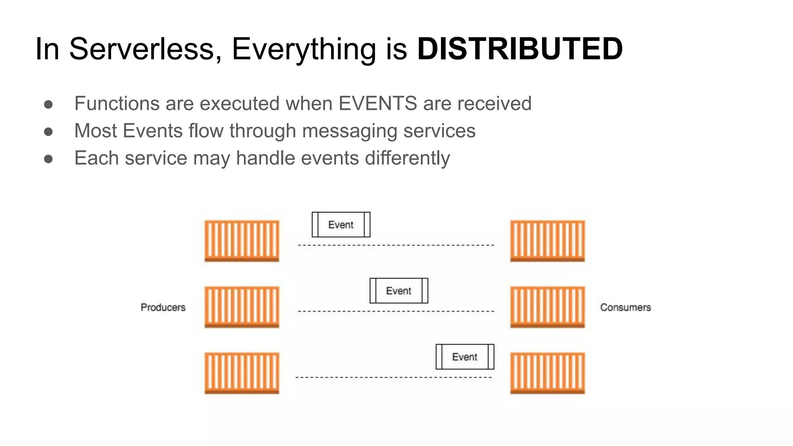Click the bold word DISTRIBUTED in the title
520,49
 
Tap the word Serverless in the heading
142,49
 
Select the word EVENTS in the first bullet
378,104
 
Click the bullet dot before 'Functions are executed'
48,104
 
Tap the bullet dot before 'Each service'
48,159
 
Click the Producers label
163,307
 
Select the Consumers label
625,307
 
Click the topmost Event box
341,225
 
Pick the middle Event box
399,291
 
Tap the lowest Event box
465,357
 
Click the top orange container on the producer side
242,241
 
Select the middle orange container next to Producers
242,307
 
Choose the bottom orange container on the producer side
242,373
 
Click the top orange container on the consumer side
547,241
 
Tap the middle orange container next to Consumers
547,307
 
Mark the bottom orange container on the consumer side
547,373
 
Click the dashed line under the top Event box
396,245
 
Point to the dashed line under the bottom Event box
393,377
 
